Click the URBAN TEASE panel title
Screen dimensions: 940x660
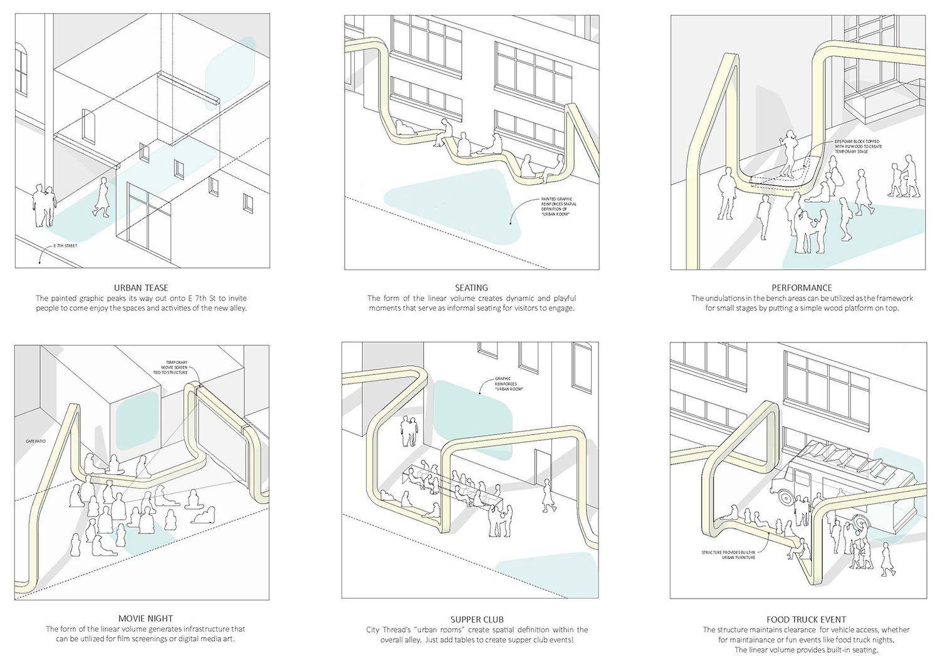142,287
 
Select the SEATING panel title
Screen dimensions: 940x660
471,287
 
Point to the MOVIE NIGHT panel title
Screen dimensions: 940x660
145,619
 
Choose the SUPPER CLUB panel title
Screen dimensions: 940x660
477,619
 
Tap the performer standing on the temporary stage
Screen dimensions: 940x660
788,154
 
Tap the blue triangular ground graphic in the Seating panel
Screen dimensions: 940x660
451,209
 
